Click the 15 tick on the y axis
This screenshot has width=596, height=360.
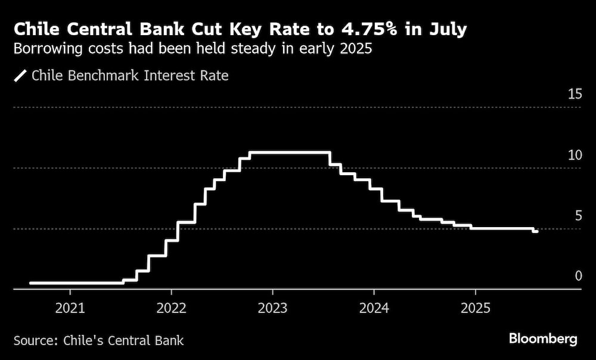point(575,94)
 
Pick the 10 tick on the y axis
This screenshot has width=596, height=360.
point(575,155)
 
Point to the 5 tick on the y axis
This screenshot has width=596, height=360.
point(578,215)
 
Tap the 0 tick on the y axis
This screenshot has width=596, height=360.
point(578,275)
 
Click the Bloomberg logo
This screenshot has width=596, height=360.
point(543,339)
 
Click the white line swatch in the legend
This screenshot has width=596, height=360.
point(20,76)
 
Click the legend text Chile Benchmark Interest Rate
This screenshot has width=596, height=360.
point(129,76)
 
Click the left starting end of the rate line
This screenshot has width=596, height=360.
point(30,283)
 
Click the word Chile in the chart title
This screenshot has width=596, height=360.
point(35,29)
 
